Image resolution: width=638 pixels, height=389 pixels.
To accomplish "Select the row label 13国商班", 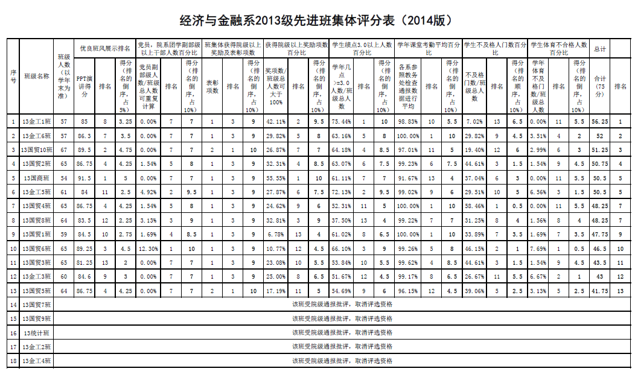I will (37, 179).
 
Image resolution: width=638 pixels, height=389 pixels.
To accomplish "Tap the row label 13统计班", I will (37, 333).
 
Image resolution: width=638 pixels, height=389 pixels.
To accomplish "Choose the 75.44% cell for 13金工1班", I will (343, 122).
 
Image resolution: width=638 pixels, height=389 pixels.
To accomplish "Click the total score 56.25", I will (600, 122).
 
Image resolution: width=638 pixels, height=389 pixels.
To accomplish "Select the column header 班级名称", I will (37, 77).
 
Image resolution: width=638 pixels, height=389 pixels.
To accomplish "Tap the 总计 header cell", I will (600, 49).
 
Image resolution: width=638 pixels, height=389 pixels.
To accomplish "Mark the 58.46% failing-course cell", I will (474, 206).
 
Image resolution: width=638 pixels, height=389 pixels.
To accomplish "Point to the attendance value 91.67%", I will (409, 179).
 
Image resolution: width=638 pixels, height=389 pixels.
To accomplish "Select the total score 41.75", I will (600, 291).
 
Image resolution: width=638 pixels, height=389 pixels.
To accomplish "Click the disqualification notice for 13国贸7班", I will (342, 305).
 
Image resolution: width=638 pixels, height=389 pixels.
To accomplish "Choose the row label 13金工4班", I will (37, 361).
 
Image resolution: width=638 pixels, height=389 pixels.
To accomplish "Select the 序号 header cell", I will (13, 77).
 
